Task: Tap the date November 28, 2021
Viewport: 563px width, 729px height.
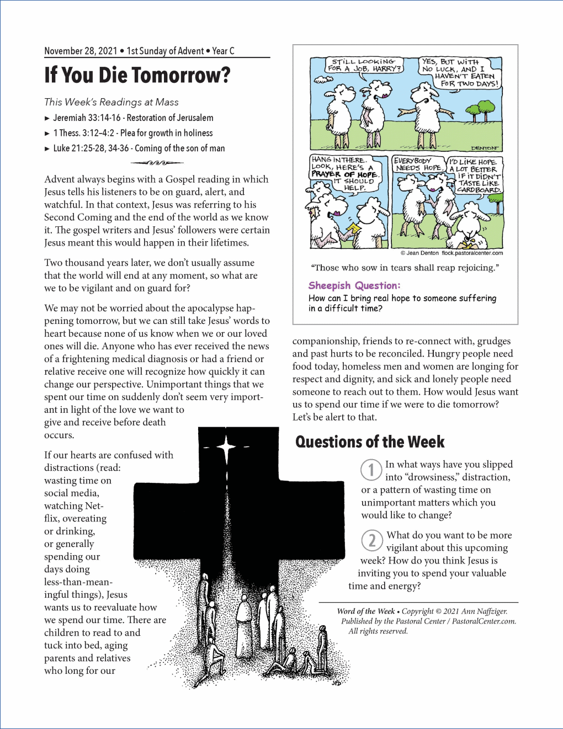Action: (81, 51)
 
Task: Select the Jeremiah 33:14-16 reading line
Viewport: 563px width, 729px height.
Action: (133, 118)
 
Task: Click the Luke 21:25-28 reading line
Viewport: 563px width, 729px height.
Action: (139, 148)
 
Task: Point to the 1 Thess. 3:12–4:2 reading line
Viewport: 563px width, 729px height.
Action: (132, 133)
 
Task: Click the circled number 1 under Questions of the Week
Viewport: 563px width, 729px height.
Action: (371, 470)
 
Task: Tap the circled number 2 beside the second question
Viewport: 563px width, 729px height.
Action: (372, 540)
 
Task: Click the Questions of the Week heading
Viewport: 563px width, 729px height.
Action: (370, 442)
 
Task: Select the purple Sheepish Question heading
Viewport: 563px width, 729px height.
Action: (354, 285)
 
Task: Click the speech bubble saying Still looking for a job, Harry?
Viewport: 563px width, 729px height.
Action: (364, 65)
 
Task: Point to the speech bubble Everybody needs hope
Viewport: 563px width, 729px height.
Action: (418, 164)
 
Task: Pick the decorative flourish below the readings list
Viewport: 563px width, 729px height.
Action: (157, 163)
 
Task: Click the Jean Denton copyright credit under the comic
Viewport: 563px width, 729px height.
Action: (452, 253)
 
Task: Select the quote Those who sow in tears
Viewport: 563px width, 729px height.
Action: (405, 268)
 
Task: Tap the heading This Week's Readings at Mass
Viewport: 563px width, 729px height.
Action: (111, 102)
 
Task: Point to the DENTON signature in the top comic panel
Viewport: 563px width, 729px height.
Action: (484, 148)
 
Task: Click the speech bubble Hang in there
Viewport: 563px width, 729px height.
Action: (343, 173)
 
